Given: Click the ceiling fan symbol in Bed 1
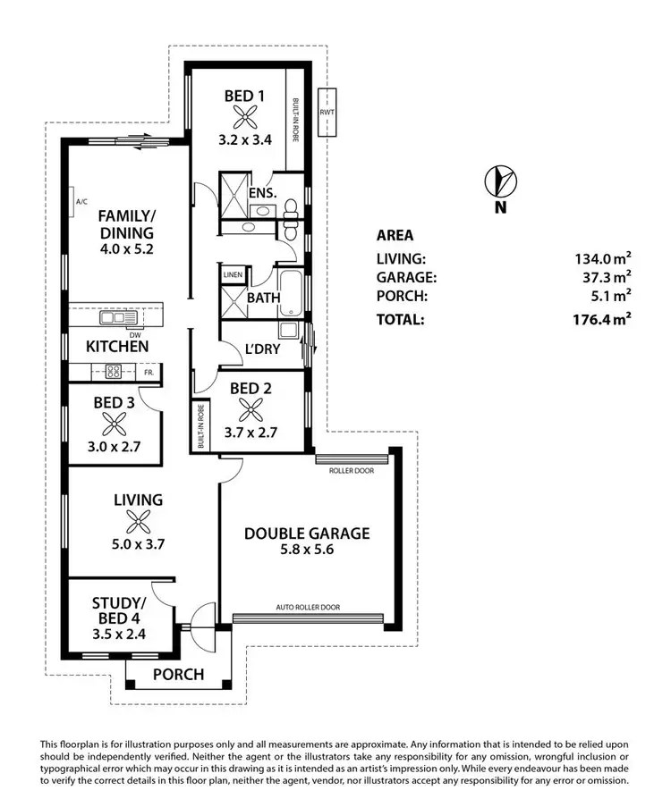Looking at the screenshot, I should [x=244, y=115].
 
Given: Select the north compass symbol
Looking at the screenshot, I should [x=500, y=181].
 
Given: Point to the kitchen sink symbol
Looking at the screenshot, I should [x=114, y=317].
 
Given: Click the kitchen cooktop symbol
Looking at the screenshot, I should [x=115, y=371].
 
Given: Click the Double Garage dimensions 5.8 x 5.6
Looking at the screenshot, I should [x=307, y=551].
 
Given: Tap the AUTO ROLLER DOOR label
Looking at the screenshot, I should [x=307, y=607].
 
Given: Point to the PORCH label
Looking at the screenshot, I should [x=179, y=675].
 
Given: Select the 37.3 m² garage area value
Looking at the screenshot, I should [x=606, y=277].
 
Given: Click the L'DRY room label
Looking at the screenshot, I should [x=260, y=349].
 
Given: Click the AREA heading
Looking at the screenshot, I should [x=395, y=236].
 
